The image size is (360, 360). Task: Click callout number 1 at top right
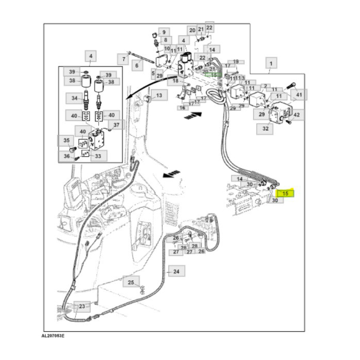pos(271,63)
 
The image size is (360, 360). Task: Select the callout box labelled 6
pos(137,65)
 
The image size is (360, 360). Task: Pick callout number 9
pos(165,32)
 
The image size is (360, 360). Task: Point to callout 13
pos(158,96)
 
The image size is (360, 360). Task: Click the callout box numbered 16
pos(182,107)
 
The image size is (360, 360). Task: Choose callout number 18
pos(175,81)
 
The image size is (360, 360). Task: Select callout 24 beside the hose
pos(176,271)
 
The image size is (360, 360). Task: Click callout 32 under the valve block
pos(265,129)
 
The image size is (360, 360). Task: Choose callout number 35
pos(66,140)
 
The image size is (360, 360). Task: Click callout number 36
pos(66,156)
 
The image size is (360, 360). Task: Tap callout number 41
pos(299,95)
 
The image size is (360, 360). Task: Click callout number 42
pos(298,115)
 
